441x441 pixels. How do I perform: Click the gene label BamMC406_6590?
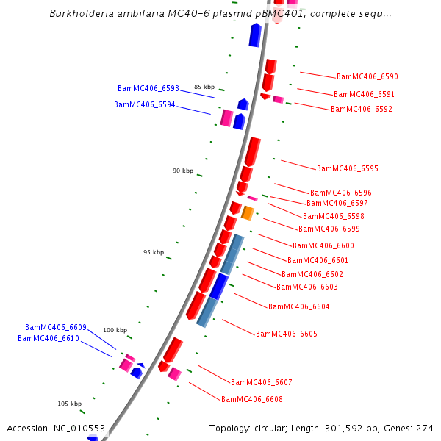[367, 76]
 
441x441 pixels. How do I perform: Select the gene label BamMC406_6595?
[347, 168]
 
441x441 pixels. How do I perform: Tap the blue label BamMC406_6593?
[148, 88]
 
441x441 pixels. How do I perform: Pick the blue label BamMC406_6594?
[144, 104]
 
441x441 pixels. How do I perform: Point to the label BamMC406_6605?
[286, 334]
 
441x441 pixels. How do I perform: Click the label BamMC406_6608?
[251, 399]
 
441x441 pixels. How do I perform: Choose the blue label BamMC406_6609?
[55, 327]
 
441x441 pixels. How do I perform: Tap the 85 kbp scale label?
[204, 87]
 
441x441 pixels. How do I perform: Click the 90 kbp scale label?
[183, 171]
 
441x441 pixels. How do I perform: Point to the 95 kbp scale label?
[154, 252]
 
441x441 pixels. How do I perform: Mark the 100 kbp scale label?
[115, 330]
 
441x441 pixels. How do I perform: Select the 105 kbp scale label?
[69, 404]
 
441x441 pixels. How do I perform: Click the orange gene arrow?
[248, 213]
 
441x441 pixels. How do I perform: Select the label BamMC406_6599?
[329, 229]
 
